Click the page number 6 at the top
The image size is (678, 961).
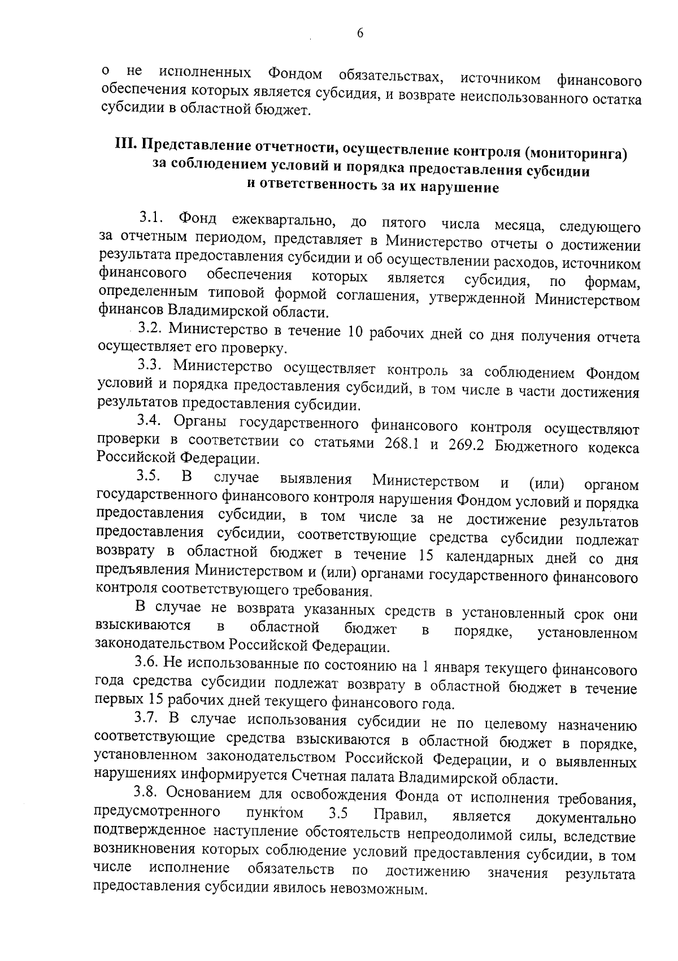pos(359,33)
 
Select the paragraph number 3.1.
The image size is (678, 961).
pos(151,218)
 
